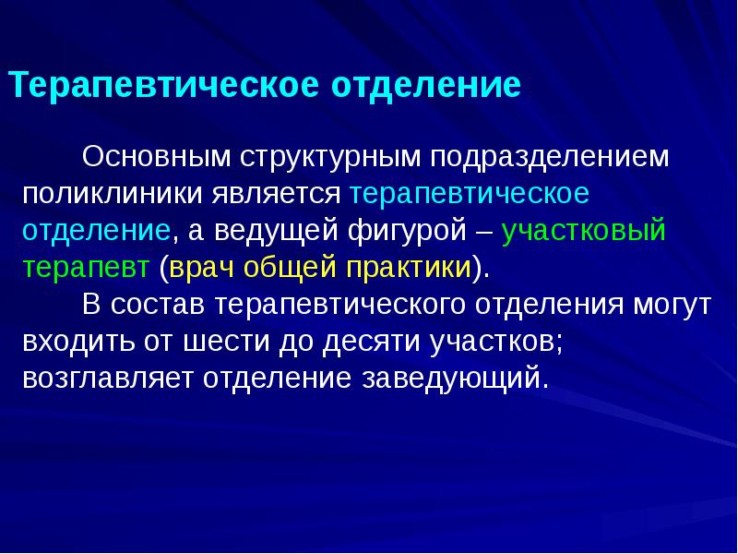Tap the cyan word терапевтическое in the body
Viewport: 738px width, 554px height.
[470, 194]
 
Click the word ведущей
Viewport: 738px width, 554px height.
[276, 231]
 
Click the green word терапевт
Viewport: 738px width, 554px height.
[86, 268]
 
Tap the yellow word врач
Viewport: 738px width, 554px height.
[201, 268]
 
